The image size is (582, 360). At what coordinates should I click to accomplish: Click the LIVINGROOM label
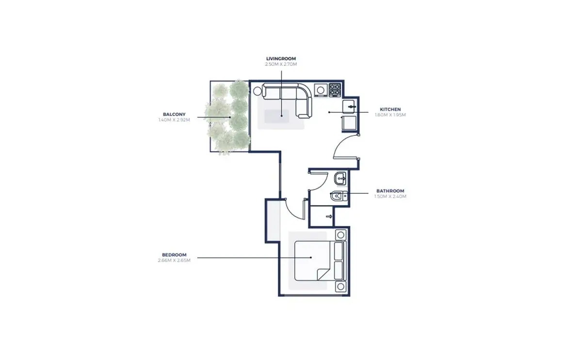[x=281, y=59]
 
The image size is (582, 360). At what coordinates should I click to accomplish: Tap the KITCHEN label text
[x=390, y=110]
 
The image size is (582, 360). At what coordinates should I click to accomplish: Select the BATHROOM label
[x=390, y=191]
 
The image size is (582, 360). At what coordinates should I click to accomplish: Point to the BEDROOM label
[x=174, y=255]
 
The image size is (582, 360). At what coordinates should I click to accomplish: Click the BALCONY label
[x=174, y=115]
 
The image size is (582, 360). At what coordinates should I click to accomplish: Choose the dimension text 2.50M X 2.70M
[x=281, y=64]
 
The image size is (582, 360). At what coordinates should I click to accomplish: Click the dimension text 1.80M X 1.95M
[x=390, y=115]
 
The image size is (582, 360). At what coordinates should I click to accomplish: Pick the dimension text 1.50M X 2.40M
[x=390, y=196]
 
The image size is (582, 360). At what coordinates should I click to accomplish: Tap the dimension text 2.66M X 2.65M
[x=174, y=260]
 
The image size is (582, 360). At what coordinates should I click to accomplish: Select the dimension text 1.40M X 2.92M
[x=174, y=120]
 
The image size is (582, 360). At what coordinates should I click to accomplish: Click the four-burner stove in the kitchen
[x=335, y=90]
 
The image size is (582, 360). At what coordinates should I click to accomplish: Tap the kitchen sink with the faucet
[x=349, y=107]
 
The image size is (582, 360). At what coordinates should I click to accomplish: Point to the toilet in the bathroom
[x=339, y=196]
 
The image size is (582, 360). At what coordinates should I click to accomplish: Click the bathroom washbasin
[x=340, y=179]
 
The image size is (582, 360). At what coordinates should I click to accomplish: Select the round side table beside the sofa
[x=258, y=91]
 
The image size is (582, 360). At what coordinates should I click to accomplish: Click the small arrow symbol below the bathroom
[x=329, y=216]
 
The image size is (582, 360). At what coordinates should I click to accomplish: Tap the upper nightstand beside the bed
[x=340, y=235]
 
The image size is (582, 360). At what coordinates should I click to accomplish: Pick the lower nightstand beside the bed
[x=340, y=286]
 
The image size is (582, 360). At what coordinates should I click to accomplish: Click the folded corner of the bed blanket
[x=323, y=275]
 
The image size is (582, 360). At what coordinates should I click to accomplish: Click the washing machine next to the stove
[x=321, y=90]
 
